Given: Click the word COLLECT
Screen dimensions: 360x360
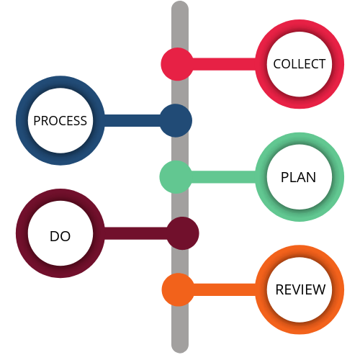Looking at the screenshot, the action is click(x=300, y=64).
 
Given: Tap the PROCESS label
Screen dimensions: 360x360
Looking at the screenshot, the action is click(x=60, y=121).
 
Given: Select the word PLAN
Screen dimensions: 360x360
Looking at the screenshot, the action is click(x=298, y=177).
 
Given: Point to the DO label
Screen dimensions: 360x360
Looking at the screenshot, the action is click(x=60, y=236).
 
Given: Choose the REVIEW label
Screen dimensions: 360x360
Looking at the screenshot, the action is click(x=300, y=289).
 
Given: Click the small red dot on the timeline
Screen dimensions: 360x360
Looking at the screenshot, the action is click(x=177, y=64).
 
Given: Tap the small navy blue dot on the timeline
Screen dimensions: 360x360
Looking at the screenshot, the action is click(x=176, y=120).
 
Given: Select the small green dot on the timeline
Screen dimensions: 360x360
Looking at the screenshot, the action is click(x=176, y=177).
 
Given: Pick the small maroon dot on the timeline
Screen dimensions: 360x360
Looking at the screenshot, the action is click(x=183, y=233).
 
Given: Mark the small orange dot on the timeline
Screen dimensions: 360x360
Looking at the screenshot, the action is click(x=178, y=289).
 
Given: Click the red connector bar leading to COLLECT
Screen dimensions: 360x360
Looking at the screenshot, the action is click(x=224, y=64).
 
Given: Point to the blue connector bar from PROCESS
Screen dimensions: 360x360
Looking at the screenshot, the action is click(x=132, y=120).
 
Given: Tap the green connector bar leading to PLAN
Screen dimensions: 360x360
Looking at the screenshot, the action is click(x=223, y=177).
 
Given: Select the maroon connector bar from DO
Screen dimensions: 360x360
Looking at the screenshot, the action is click(x=135, y=233).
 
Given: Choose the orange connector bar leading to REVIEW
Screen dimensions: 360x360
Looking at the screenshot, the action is click(x=224, y=289).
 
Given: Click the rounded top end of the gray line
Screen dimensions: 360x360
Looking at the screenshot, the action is click(x=180, y=2).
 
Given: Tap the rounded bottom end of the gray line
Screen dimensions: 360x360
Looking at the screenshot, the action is click(x=180, y=352).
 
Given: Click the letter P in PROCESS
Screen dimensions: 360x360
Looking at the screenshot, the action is click(x=37, y=121).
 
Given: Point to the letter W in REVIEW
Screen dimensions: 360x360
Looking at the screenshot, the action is click(x=318, y=289).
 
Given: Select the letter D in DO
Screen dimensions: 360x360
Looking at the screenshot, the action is click(x=54, y=236).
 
